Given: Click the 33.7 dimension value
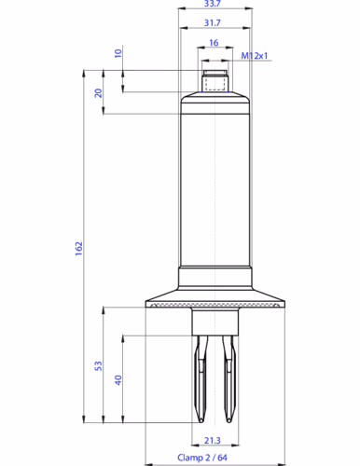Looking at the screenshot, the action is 213,4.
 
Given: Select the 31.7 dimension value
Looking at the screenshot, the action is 213,22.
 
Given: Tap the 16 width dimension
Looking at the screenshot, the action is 214,43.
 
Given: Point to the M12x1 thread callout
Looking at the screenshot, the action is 255,56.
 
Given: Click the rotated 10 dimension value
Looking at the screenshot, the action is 118,53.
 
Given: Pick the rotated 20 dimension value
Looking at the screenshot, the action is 98,93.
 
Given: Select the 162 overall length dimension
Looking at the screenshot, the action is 79,249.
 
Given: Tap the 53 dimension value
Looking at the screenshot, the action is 98,365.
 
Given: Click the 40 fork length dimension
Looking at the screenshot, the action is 118,380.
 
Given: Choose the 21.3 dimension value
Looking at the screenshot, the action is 213,441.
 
